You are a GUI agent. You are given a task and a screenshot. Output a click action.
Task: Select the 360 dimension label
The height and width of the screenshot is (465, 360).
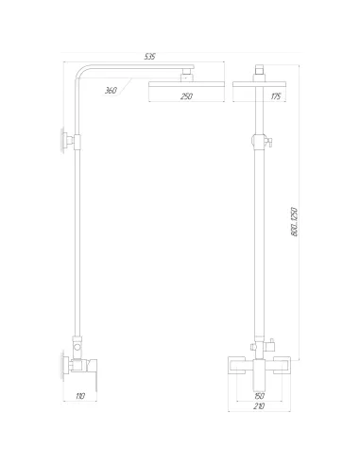111,92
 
